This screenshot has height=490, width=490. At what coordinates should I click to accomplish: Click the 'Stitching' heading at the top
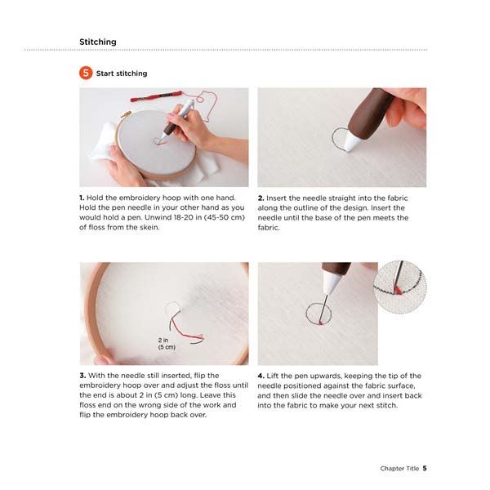tap(97, 42)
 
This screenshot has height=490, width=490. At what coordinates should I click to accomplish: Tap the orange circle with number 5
tap(86, 73)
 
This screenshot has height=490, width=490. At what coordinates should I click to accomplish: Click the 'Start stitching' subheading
tap(122, 73)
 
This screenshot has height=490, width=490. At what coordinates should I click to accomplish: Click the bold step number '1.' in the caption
tap(82, 198)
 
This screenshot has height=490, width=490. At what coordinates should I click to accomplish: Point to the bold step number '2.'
tap(261, 198)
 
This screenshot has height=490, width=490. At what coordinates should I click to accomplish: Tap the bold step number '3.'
tap(82, 376)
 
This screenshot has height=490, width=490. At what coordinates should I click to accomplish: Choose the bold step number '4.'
tap(261, 376)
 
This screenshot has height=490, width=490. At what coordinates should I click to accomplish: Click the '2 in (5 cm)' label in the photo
tap(167, 343)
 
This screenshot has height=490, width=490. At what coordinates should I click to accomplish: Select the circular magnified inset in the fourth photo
tap(400, 287)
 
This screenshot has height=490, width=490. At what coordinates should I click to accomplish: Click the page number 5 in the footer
tap(425, 468)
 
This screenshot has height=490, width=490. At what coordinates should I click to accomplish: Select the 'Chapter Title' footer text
tap(399, 468)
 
